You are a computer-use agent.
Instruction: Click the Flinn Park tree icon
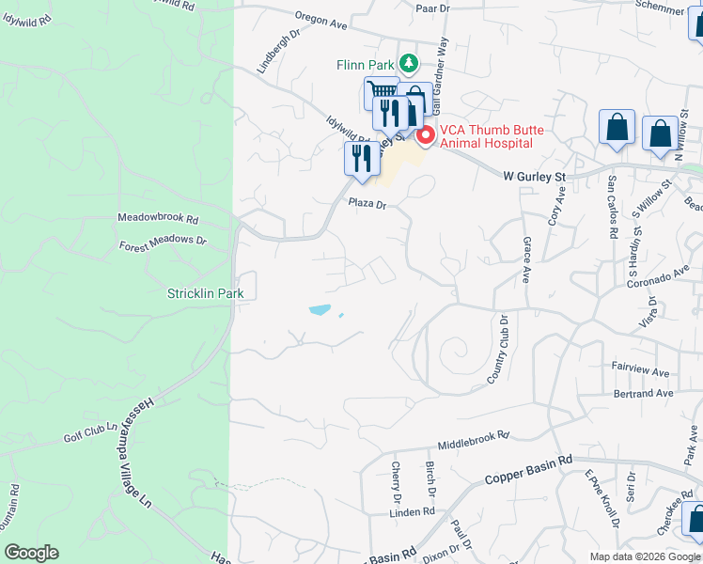408,64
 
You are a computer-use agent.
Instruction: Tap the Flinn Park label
365,65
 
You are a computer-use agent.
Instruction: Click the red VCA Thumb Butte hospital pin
425,136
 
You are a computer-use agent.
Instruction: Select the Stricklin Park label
205,293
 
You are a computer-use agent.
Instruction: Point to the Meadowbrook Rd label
159,218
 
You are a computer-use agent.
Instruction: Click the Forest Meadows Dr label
163,242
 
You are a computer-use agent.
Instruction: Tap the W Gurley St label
535,176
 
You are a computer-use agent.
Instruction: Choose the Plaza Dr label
367,202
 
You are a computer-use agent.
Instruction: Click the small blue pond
320,309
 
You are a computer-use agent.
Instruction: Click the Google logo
31,553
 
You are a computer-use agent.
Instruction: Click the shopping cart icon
381,91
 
